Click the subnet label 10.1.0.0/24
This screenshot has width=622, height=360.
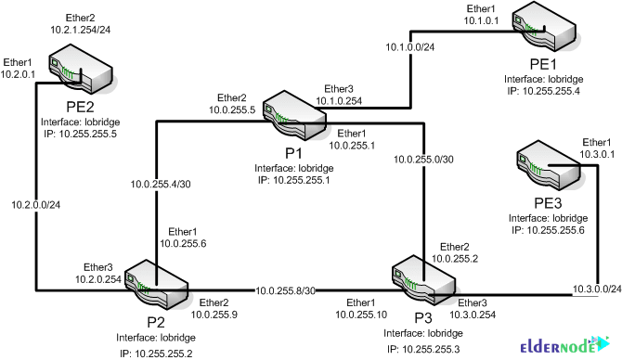click(x=412, y=45)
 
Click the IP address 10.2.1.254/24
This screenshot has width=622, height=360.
click(x=82, y=30)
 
